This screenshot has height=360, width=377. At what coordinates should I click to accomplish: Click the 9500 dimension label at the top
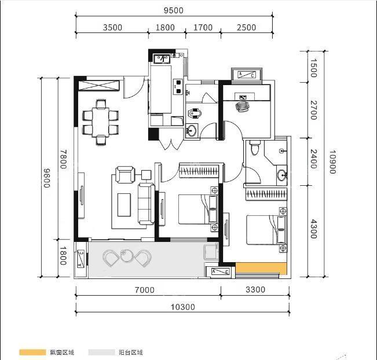(173, 10)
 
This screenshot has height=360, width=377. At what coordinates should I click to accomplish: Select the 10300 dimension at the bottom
(183, 307)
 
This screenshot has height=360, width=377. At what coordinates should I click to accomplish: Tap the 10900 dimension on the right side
(332, 161)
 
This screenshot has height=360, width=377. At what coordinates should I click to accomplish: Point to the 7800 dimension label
(63, 159)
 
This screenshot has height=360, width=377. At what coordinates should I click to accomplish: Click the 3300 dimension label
(255, 289)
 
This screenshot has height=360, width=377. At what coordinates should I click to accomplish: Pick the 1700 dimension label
(203, 27)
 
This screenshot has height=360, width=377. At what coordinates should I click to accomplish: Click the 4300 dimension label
(313, 229)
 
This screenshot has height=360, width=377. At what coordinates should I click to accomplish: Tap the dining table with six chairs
(101, 122)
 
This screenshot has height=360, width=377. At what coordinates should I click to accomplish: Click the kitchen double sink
(162, 58)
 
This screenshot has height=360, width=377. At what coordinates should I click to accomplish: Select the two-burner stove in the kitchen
(178, 86)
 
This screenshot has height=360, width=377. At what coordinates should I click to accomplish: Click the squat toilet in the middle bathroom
(195, 113)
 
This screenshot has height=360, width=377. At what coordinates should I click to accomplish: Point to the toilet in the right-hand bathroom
(255, 148)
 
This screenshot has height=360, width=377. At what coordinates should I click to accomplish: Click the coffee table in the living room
(124, 205)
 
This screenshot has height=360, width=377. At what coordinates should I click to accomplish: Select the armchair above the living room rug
(125, 174)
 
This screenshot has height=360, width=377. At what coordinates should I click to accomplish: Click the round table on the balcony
(126, 256)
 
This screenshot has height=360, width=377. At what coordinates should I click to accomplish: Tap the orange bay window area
(261, 268)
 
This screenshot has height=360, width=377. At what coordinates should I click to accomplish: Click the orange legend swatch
(32, 352)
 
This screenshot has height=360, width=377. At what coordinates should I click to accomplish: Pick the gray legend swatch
(101, 352)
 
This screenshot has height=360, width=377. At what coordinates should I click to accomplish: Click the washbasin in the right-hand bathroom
(282, 175)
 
